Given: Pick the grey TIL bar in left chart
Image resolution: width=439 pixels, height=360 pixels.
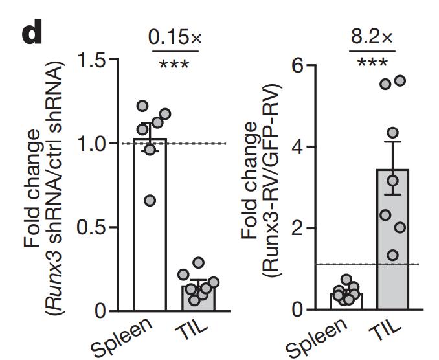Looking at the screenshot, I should tap(199, 298).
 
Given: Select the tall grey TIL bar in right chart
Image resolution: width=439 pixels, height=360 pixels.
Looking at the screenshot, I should tap(392, 240).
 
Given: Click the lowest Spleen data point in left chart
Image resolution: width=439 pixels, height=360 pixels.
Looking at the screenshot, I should tap(150, 201).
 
